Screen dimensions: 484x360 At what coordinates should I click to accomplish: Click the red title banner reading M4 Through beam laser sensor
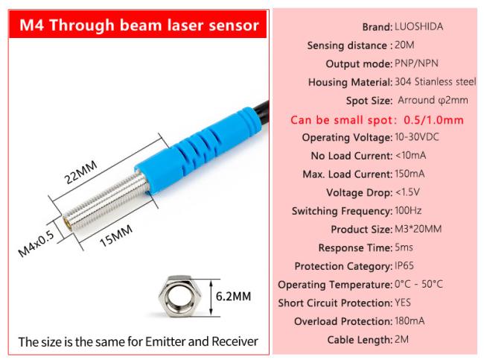tap(138, 25)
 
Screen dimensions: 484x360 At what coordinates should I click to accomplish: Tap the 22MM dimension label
tap(80, 172)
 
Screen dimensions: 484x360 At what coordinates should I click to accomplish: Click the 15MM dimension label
tap(116, 236)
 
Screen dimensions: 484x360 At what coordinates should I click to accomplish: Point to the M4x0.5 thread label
tap(36, 244)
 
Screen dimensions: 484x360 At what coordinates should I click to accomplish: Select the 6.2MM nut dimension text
tap(233, 297)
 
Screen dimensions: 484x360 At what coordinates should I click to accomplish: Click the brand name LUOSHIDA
tap(418, 27)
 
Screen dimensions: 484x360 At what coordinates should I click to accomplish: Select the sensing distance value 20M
tap(404, 45)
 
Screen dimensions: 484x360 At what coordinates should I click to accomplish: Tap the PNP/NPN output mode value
tap(416, 63)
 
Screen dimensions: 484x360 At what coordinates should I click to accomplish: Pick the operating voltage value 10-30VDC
tap(417, 137)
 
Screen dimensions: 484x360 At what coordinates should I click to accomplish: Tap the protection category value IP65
tap(404, 266)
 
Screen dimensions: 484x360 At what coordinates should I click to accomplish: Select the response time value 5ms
tap(404, 247)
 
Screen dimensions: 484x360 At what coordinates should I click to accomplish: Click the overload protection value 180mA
tap(410, 321)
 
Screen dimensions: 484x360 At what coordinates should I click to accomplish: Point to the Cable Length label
tap(360, 340)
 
